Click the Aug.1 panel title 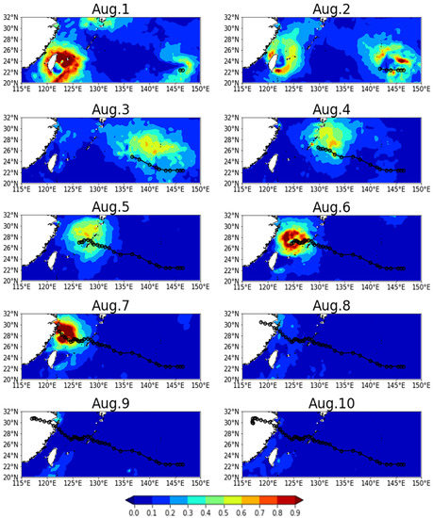click(110, 8)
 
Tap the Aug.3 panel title click(110, 107)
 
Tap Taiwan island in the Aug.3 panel click(53, 160)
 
